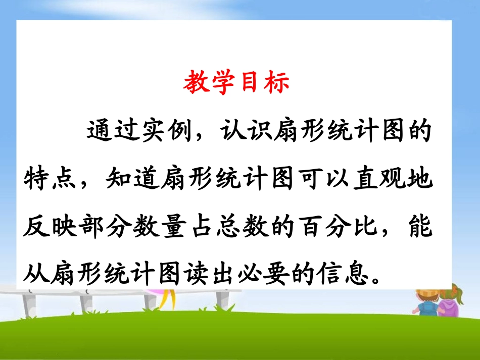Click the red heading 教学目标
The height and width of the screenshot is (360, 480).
click(x=236, y=83)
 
